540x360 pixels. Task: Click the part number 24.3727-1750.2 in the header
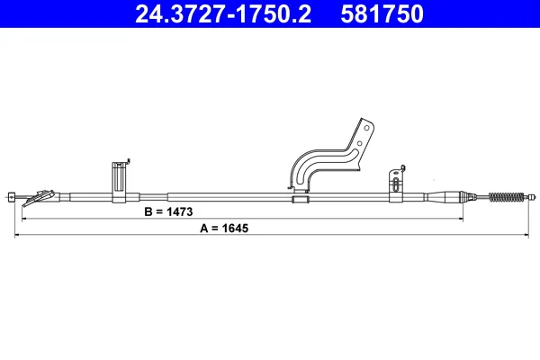[x=223, y=14]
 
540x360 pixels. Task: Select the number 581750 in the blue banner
[x=382, y=14]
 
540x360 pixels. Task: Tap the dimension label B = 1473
[x=168, y=211]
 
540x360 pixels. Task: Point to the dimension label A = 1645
[x=224, y=228]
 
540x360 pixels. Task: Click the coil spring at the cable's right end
[x=506, y=197]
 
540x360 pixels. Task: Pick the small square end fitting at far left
[x=12, y=197]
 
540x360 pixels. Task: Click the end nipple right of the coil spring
[x=533, y=197]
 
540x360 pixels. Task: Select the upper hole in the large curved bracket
[x=367, y=128]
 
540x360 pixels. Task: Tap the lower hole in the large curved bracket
[x=359, y=143]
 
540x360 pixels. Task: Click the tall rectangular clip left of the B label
[x=119, y=182]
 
